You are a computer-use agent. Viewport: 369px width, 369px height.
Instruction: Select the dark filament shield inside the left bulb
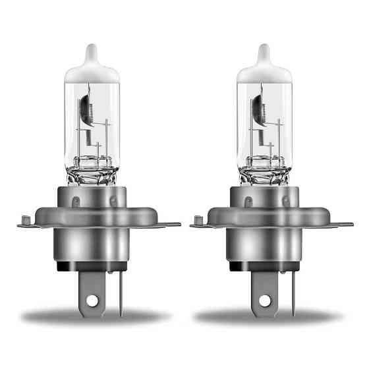point(88,109)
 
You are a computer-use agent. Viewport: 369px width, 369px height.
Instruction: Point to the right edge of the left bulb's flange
point(177,225)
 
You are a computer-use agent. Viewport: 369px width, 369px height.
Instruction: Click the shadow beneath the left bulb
point(92,318)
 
